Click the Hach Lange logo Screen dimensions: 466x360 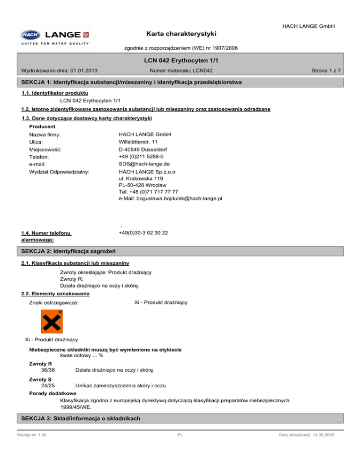click(55, 35)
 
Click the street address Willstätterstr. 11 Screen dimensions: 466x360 click(138, 142)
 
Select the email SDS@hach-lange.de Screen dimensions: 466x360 click(143, 164)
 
